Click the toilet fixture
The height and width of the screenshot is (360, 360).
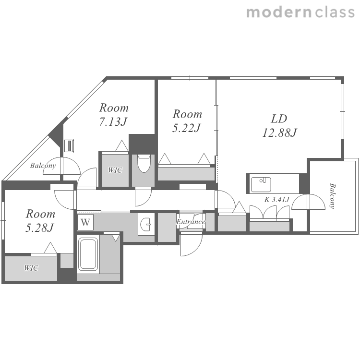[x=144, y=163]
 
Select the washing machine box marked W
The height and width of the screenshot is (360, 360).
[x=85, y=222]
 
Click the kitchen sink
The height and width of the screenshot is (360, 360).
[x=261, y=184]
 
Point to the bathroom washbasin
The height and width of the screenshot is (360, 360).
[x=145, y=224]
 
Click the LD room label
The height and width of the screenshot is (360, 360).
[x=279, y=119]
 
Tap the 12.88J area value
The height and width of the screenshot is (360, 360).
[x=280, y=132]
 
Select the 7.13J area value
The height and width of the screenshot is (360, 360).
[x=113, y=121]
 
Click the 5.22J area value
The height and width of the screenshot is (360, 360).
[x=186, y=128]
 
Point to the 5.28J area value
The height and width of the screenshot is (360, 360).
[x=39, y=228]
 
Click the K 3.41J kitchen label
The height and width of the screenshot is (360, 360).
[x=276, y=200]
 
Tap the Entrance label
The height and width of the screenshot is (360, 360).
[x=191, y=222]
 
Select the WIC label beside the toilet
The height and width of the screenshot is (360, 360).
[x=115, y=170]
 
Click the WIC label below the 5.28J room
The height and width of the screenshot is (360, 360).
[x=31, y=268]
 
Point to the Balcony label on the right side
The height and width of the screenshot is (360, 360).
[x=332, y=196]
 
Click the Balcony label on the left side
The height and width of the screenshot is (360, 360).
[x=43, y=166]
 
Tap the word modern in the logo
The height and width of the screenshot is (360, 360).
[x=279, y=12]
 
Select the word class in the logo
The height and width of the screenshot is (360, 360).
[x=335, y=12]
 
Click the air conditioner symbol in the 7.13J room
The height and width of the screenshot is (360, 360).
[x=69, y=146]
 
